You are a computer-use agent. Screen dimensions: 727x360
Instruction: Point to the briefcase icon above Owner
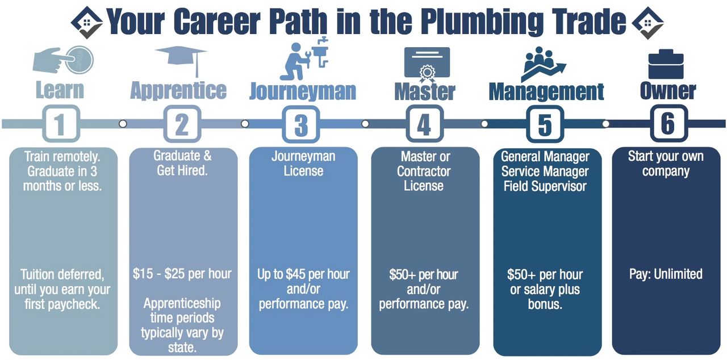tap(666, 64)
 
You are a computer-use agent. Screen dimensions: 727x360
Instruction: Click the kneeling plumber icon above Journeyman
tap(304, 58)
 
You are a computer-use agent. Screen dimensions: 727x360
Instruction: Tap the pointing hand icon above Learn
tap(63, 60)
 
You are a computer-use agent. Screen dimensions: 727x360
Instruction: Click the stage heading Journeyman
tap(303, 92)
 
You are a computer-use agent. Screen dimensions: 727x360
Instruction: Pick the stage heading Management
tap(546, 92)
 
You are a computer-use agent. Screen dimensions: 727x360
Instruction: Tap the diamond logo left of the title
tap(87, 22)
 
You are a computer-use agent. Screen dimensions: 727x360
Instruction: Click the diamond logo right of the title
tap(647, 23)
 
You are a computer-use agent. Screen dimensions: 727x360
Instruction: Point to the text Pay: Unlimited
tap(666, 274)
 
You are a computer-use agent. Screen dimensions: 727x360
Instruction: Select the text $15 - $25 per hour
tap(182, 274)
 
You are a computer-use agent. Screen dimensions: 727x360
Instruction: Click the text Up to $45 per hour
tap(303, 274)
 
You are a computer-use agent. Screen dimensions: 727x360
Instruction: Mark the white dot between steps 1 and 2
tap(123, 124)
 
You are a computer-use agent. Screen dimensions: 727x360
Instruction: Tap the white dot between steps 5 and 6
tap(605, 124)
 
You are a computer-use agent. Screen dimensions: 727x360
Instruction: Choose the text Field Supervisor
tap(545, 186)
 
